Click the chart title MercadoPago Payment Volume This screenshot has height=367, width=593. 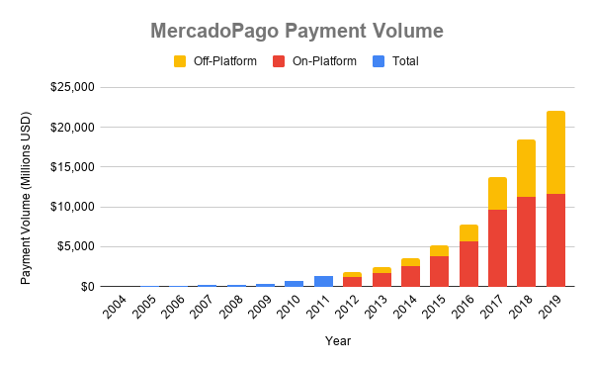coord(296,31)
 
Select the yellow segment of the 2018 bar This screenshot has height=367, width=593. coord(527,168)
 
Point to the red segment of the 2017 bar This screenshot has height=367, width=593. coord(497,247)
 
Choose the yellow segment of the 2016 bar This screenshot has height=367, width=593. coord(468,232)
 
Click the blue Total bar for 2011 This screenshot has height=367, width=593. coord(323,281)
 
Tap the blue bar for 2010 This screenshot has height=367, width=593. coord(295,283)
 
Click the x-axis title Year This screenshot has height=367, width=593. coord(338,341)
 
